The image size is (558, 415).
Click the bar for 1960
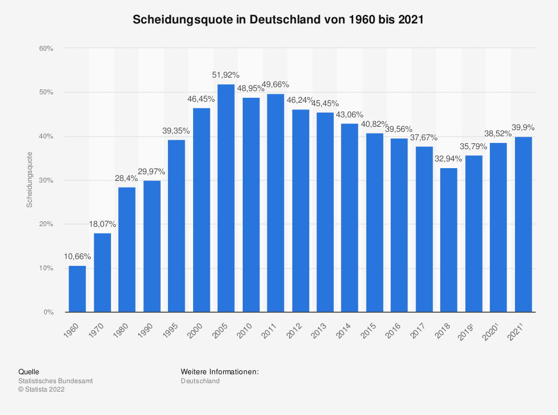[x=77, y=289]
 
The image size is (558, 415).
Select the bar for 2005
[x=226, y=198]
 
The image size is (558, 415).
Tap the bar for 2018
[x=449, y=240]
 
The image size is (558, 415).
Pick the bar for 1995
[x=176, y=226]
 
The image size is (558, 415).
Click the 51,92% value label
[x=225, y=74]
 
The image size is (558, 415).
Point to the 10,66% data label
[x=77, y=256]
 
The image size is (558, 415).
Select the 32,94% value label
[x=449, y=159]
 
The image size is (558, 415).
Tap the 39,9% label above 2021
[x=523, y=127]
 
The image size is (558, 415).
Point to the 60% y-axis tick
[x=46, y=49]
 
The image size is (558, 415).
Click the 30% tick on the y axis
[x=46, y=180]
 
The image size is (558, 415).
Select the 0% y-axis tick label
[x=48, y=312]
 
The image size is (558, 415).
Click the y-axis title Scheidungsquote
[x=30, y=180]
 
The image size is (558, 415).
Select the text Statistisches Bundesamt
[x=56, y=381]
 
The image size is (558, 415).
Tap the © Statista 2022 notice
[x=42, y=390]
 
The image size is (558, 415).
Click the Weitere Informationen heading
[x=220, y=371]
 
